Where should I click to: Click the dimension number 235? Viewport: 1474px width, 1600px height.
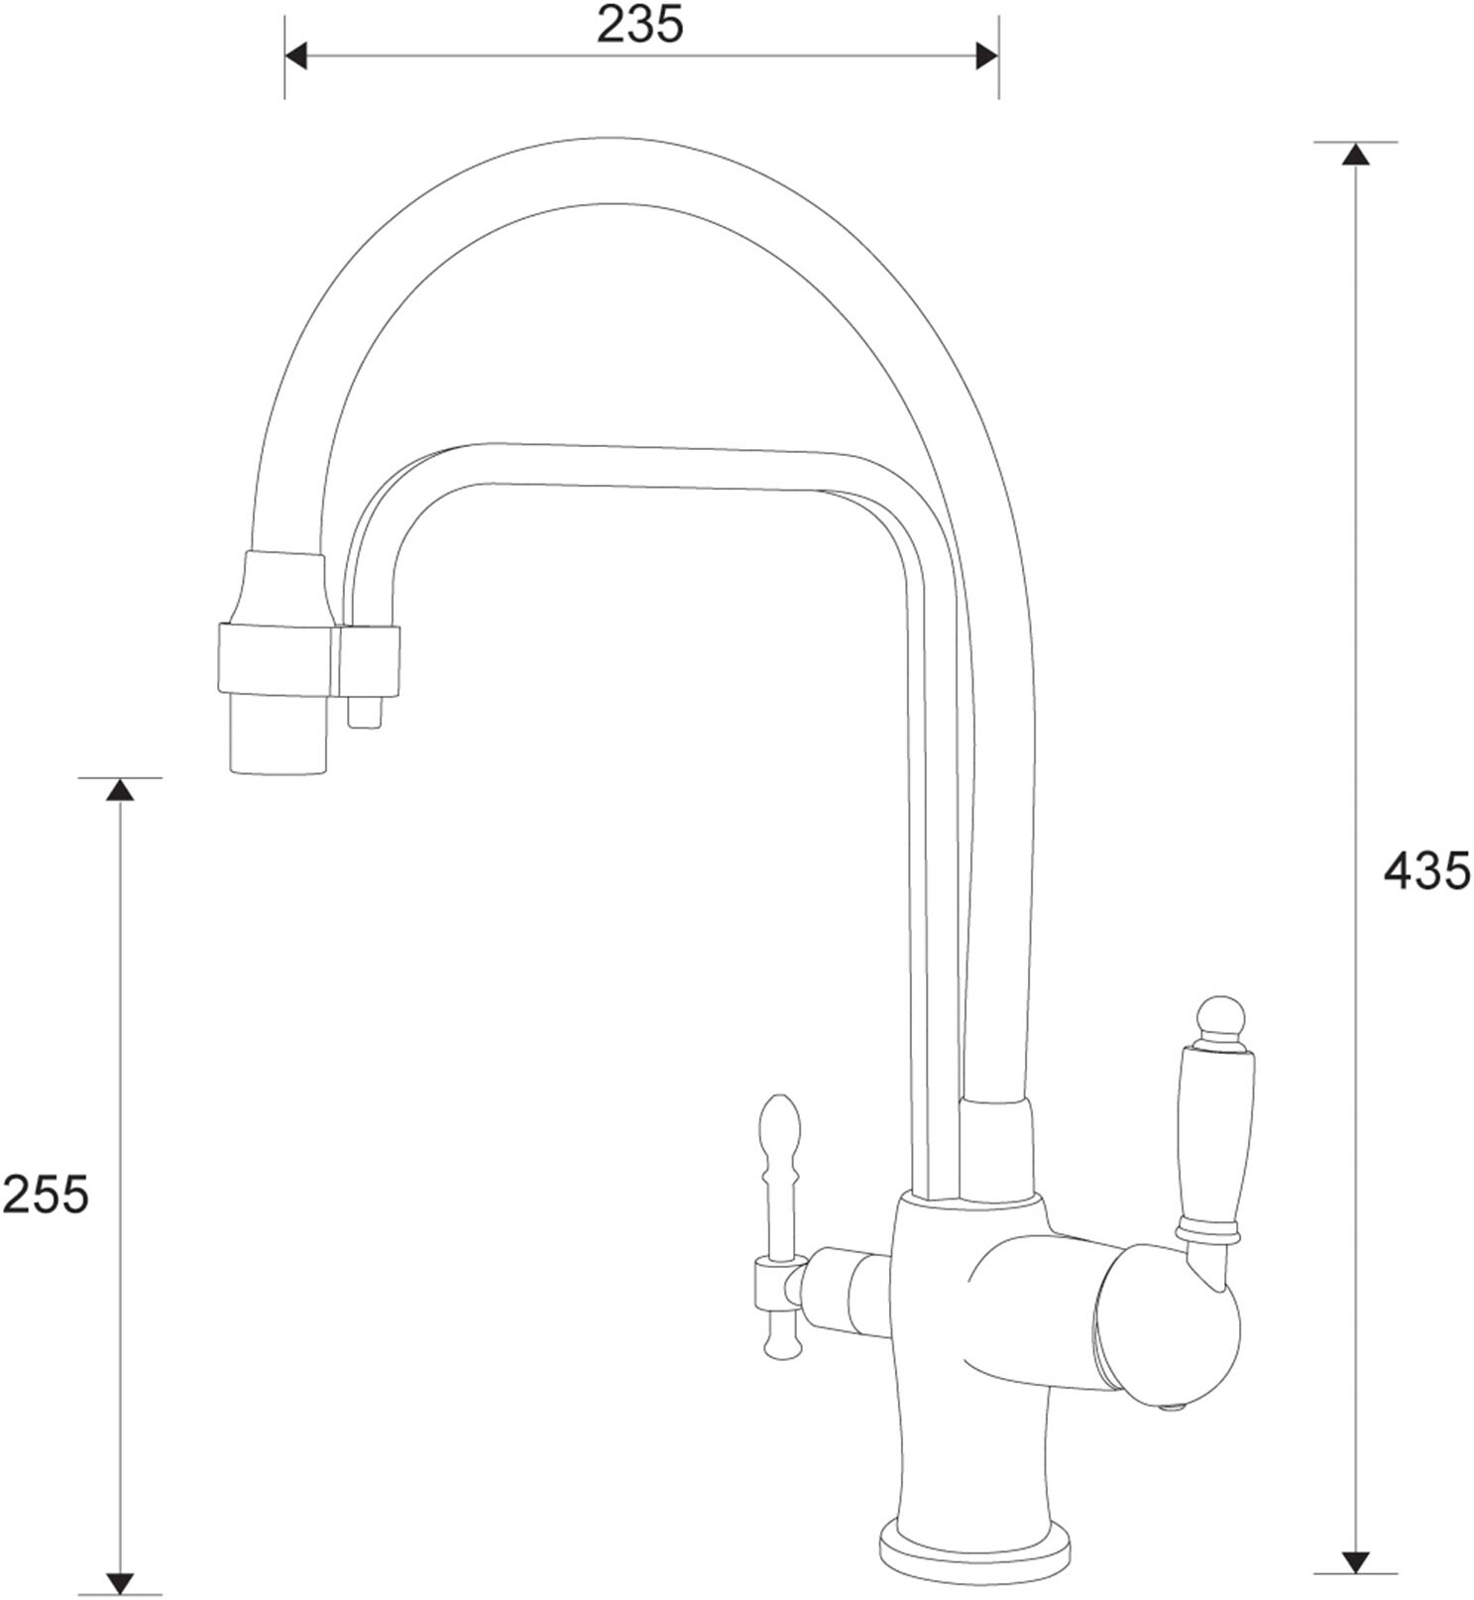[x=640, y=26]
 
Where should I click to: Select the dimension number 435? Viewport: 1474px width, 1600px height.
[x=1426, y=871]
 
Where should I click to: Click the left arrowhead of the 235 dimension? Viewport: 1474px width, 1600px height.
[x=296, y=57]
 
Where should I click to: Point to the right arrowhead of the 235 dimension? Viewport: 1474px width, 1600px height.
[x=986, y=57]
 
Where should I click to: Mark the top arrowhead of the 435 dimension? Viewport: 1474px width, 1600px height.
[x=1355, y=154]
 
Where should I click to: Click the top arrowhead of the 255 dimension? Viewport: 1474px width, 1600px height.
[x=120, y=790]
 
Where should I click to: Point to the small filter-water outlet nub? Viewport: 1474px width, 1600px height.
[x=364, y=712]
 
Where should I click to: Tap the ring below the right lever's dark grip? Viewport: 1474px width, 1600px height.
[x=1207, y=1232]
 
